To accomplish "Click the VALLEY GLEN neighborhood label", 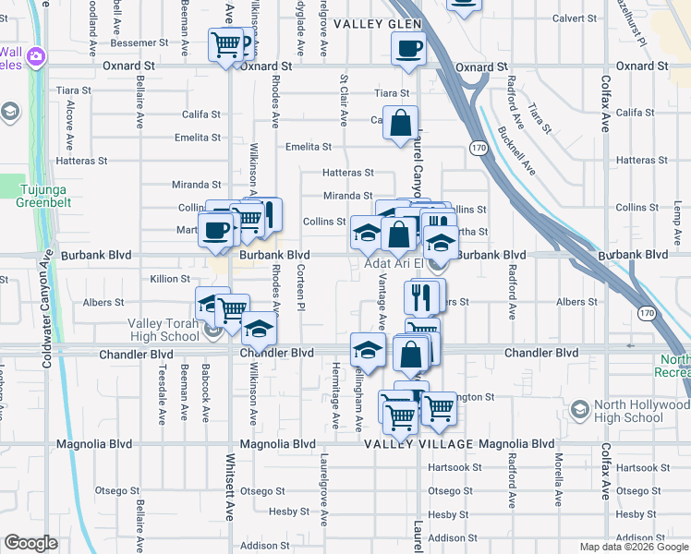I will click(x=371, y=22).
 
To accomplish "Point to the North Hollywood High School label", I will click(x=631, y=411).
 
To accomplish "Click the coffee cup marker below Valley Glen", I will click(x=407, y=48).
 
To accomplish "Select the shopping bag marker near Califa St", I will click(x=401, y=123).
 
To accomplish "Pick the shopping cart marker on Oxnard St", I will click(x=225, y=44).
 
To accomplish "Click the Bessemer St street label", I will click(x=140, y=42).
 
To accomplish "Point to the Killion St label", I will click(x=170, y=278).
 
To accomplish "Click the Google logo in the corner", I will click(x=30, y=543).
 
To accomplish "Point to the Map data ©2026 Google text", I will click(x=633, y=547).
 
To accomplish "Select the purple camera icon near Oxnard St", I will click(x=36, y=56).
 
